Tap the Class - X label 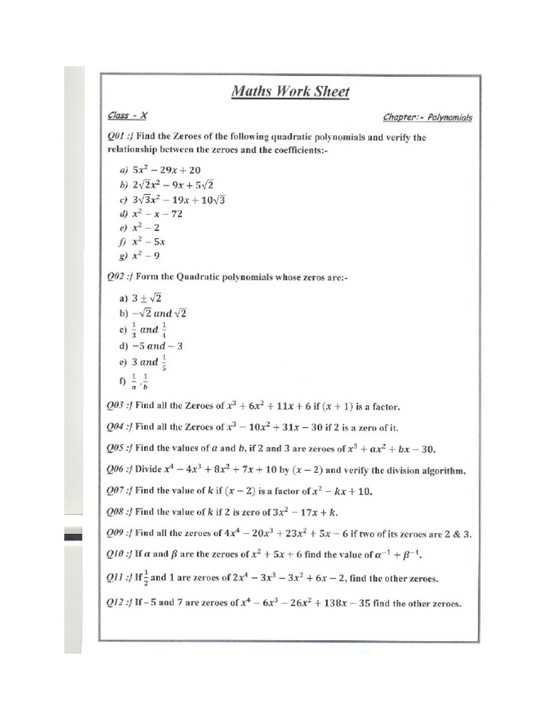128,115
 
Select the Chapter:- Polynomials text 427,117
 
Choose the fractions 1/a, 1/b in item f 139,382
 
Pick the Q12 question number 118,604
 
